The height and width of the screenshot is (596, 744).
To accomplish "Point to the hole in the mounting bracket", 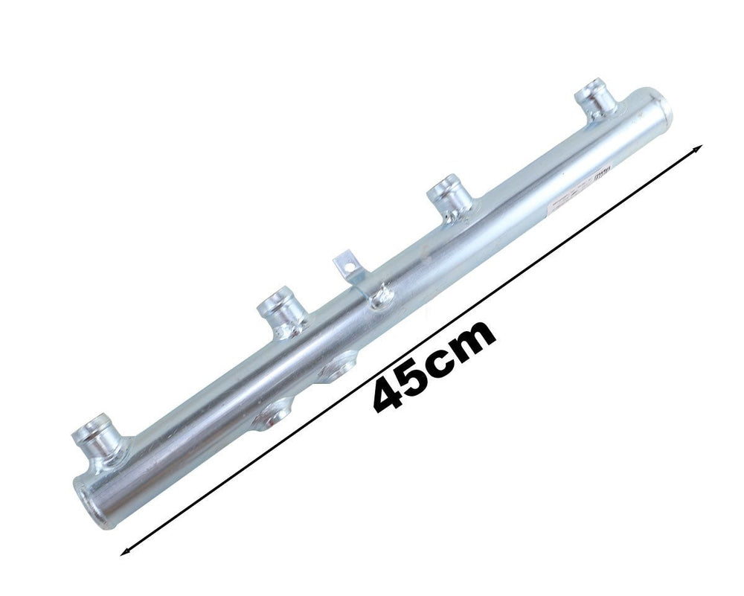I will coord(344,260).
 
